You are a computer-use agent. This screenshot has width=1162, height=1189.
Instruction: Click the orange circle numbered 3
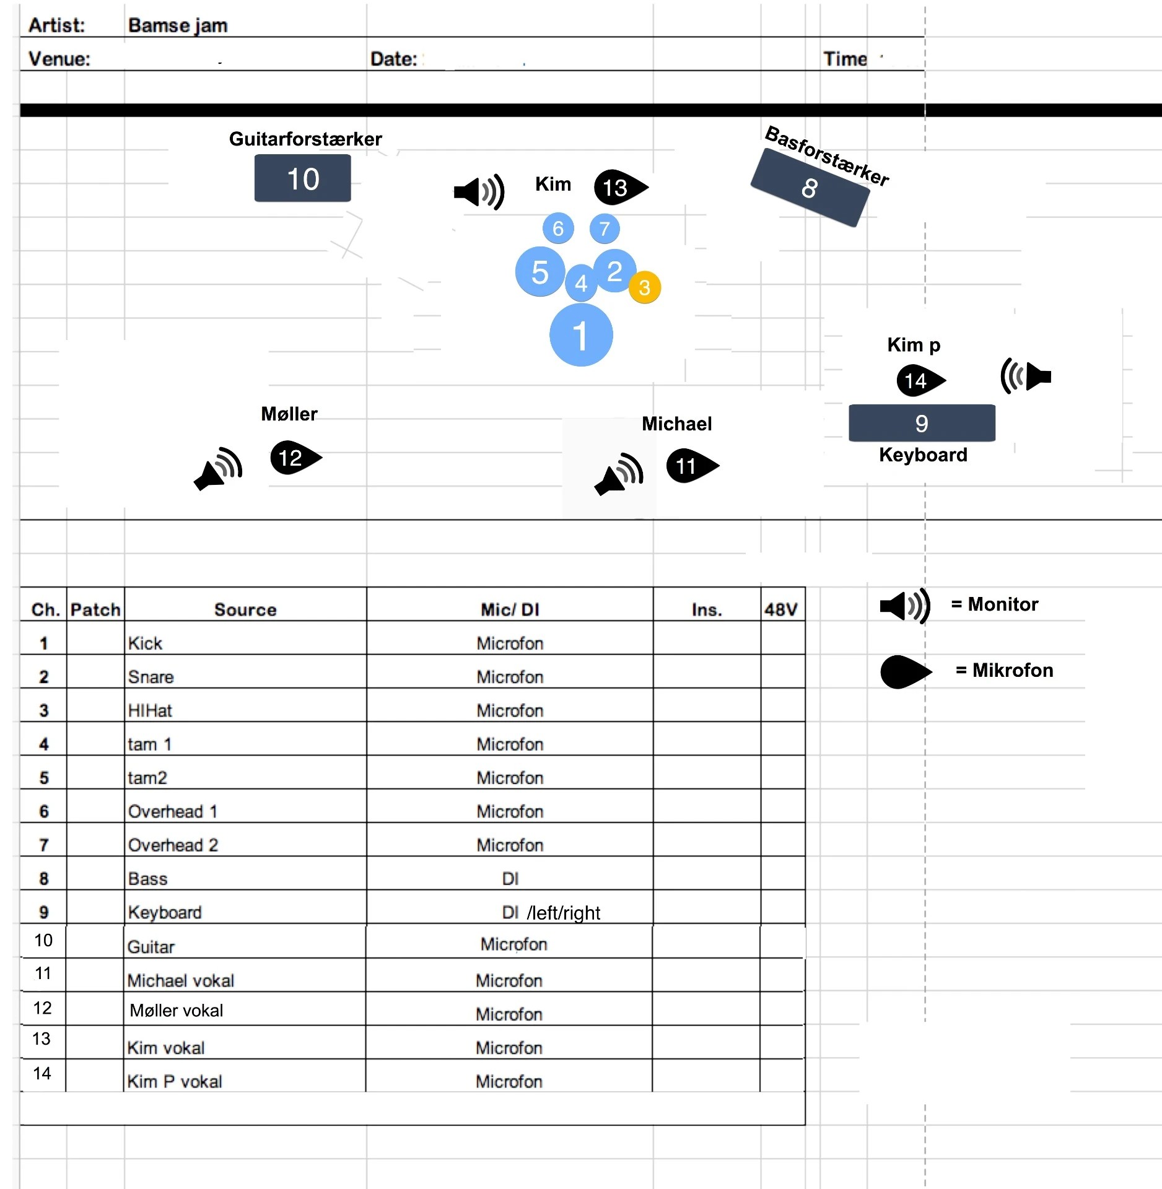tap(644, 287)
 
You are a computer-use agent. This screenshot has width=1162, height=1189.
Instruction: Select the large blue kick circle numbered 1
tap(580, 335)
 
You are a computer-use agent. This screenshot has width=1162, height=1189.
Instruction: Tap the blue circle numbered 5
tap(539, 272)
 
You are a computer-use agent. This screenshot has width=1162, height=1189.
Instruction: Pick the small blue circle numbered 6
tap(557, 229)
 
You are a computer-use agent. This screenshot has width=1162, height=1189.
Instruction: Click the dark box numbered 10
tap(302, 178)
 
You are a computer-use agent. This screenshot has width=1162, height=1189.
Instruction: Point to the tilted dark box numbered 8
tap(810, 188)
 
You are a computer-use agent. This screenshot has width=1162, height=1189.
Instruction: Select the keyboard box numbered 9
tap(921, 423)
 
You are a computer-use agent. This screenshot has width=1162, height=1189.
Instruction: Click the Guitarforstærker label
tap(305, 139)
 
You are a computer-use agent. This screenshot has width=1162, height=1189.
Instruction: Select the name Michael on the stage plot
tap(676, 424)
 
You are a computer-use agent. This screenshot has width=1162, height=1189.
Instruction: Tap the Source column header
tap(245, 609)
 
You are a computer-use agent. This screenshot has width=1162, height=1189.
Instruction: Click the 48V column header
tap(780, 609)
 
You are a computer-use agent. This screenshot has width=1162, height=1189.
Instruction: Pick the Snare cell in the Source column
tap(151, 677)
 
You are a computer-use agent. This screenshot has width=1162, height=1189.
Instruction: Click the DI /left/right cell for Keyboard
tap(551, 912)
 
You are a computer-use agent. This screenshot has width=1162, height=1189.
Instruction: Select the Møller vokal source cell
tap(176, 1011)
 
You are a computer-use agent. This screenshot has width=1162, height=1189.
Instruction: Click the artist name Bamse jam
tap(178, 25)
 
